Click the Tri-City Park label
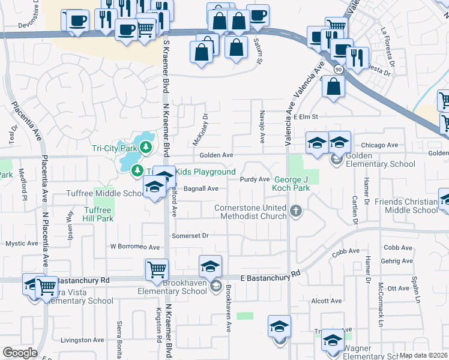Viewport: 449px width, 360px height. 112,148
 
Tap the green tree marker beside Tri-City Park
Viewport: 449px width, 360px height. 145,146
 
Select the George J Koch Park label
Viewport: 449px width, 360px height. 292,184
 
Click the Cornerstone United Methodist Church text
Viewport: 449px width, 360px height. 250,212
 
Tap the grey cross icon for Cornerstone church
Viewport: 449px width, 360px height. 295,211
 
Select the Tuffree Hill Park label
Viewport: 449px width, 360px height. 98,214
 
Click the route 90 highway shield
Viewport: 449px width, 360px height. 339,70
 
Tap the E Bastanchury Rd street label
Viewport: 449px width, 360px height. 270,276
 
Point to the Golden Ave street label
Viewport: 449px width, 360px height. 216,155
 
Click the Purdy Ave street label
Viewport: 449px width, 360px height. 255,179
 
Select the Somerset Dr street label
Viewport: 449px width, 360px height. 190,236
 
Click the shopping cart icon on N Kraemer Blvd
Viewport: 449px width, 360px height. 157,269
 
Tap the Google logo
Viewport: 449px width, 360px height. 20,353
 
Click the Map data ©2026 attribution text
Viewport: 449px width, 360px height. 423,355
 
